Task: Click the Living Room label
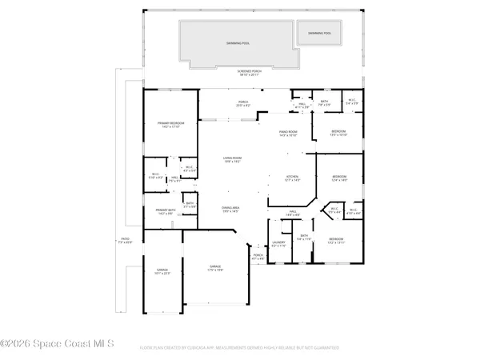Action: pyautogui.click(x=232, y=159)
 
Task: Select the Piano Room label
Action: pyautogui.click(x=288, y=134)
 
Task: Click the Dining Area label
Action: pyautogui.click(x=232, y=209)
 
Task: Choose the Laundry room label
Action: pyautogui.click(x=278, y=243)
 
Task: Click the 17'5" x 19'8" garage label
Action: pyautogui.click(x=216, y=268)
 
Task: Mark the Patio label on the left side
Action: pyautogui.click(x=126, y=240)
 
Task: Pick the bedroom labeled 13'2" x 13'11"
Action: pyautogui.click(x=336, y=240)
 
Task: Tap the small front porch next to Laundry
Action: pyautogui.click(x=258, y=257)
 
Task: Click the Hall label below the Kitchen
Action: pyautogui.click(x=294, y=213)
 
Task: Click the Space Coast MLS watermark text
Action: pyautogui.click(x=58, y=344)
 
